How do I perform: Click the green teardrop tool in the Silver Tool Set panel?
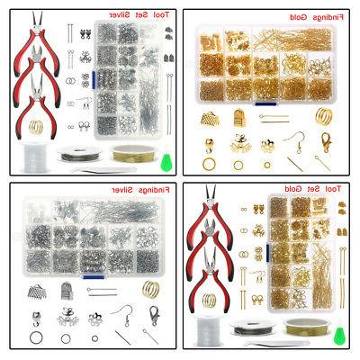click(165, 162)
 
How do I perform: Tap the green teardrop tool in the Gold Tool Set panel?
click(339, 336)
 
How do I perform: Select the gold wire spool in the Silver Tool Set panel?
click(133, 153)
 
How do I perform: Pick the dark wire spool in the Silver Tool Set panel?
click(79, 154)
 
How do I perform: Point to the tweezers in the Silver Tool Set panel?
click(103, 170)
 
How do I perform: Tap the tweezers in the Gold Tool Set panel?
click(276, 343)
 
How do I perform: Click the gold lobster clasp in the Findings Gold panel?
click(325, 142)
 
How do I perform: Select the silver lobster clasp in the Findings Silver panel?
click(154, 316)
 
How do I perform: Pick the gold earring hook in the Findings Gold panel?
click(295, 141)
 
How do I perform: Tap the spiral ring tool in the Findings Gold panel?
click(323, 116)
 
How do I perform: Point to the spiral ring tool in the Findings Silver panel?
click(150, 289)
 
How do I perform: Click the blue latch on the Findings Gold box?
click(265, 104)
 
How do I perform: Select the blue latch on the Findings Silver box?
click(94, 277)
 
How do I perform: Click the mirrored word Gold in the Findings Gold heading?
click(298, 17)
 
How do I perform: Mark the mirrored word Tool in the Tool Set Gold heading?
click(333, 189)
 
